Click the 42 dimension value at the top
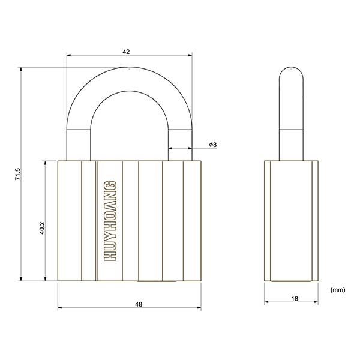pyautogui.click(x=126, y=52)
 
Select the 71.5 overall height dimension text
pyautogui.click(x=18, y=174)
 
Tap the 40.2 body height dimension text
pyautogui.click(x=42, y=228)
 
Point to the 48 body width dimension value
pyautogui.click(x=139, y=304)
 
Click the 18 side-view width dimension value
pyautogui.click(x=295, y=298)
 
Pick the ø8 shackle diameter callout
pyautogui.click(x=213, y=145)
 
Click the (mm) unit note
pyautogui.click(x=337, y=290)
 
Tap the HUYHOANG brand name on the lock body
pyautogui.click(x=110, y=221)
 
